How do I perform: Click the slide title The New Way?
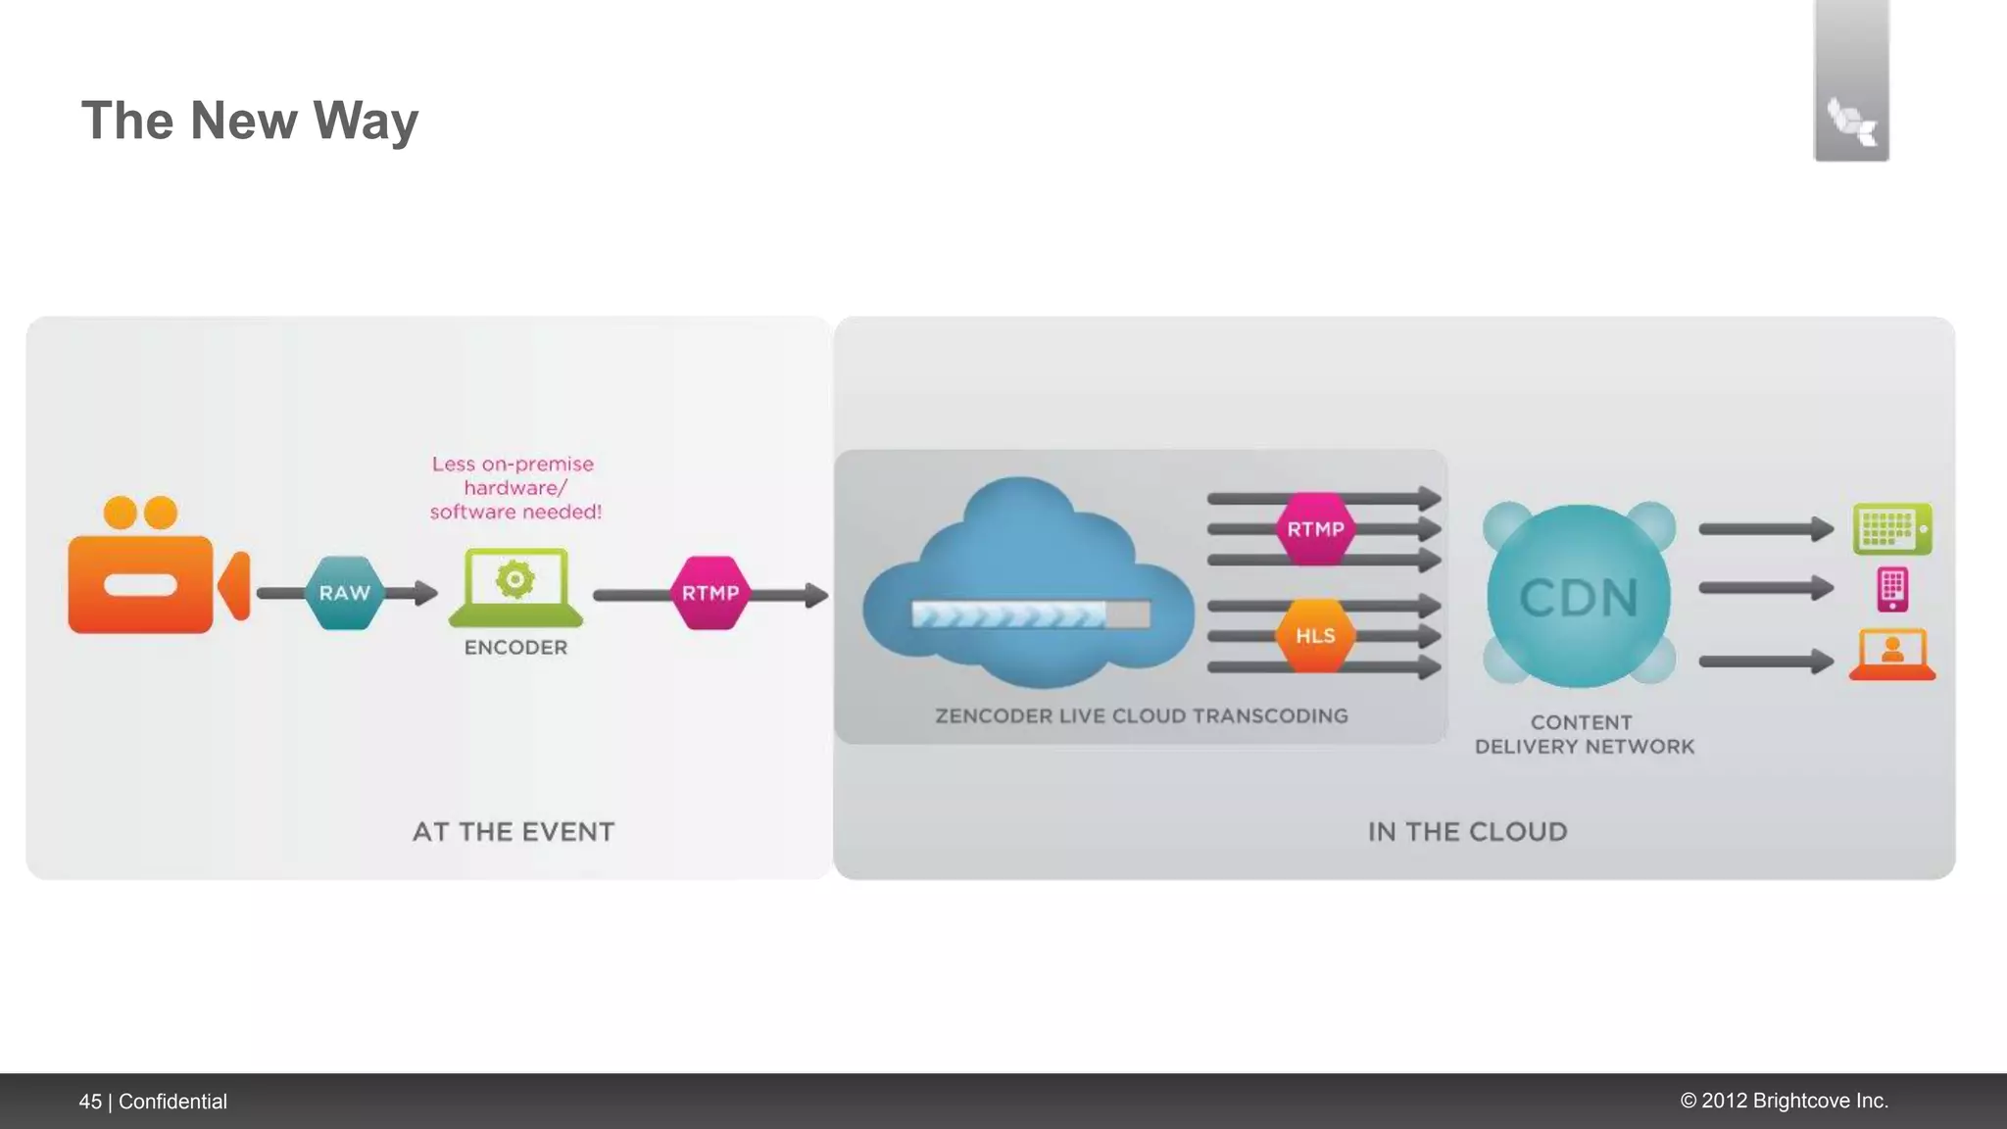[x=249, y=121]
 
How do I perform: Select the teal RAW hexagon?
[x=344, y=593]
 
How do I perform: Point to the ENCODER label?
[x=515, y=648]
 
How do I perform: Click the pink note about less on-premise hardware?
[x=514, y=488]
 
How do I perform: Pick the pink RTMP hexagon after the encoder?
[x=710, y=593]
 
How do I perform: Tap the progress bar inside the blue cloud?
[x=1030, y=614]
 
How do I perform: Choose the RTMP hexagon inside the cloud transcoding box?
[x=1315, y=529]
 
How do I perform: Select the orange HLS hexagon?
[x=1315, y=636]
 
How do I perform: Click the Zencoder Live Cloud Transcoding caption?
[x=1142, y=716]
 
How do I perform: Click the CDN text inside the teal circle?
[x=1579, y=598]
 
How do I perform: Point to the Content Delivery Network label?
[x=1584, y=735]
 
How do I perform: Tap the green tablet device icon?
[x=1892, y=529]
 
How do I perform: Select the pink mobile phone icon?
[x=1892, y=589]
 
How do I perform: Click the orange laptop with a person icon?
[x=1892, y=655]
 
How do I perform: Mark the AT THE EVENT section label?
[x=514, y=832]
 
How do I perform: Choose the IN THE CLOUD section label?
[x=1467, y=832]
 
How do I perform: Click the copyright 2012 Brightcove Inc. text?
[x=1784, y=1101]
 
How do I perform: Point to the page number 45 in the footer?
[x=90, y=1102]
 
